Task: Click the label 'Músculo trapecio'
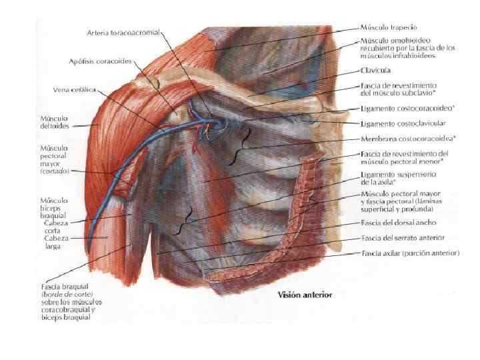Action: pyautogui.click(x=389, y=27)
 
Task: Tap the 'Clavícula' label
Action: pyautogui.click(x=375, y=69)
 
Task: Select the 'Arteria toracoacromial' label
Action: pyautogui.click(x=123, y=32)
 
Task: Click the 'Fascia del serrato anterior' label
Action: pyautogui.click(x=402, y=237)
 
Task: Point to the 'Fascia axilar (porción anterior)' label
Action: pyautogui.click(x=410, y=253)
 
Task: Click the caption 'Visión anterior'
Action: pyautogui.click(x=305, y=294)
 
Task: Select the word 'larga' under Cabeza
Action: pyautogui.click(x=52, y=246)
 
